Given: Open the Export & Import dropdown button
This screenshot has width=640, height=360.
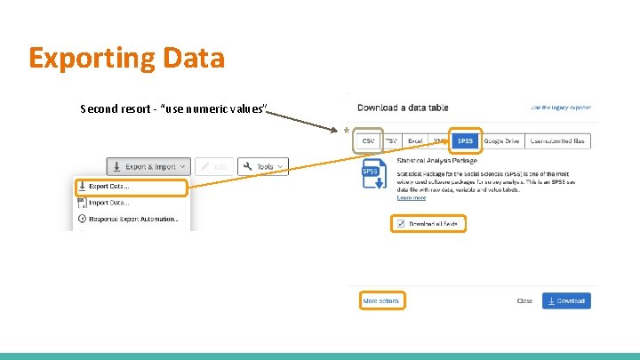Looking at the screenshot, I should point(148,166).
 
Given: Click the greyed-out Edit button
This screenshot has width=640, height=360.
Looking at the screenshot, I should point(213,166).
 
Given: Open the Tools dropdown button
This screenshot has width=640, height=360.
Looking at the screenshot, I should point(266,166).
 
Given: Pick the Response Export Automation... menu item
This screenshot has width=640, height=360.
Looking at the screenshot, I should point(133,219).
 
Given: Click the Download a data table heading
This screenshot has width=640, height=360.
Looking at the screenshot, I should point(403,108).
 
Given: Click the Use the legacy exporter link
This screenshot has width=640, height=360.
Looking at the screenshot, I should point(560,108).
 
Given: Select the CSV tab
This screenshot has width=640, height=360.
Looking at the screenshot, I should point(367,140).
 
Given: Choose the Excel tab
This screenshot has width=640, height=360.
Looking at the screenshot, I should point(415,140).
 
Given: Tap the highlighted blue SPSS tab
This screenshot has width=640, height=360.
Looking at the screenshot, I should point(465,140).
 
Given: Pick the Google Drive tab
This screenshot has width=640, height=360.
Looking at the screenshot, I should point(502,140).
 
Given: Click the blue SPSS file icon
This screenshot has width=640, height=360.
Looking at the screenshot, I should point(372,174).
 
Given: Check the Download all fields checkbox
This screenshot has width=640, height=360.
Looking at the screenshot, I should point(401,224).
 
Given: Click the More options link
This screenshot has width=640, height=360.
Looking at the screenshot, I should point(381,301).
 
